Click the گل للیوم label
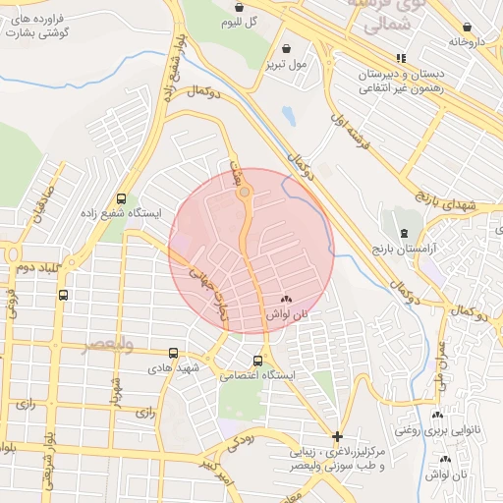click(x=239, y=22)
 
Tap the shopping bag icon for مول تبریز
click(x=286, y=48)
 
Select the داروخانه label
click(x=468, y=42)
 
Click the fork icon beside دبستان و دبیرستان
click(x=372, y=60)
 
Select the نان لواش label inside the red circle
click(x=287, y=313)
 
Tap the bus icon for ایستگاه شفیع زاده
click(x=121, y=197)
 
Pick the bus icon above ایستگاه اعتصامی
click(x=258, y=361)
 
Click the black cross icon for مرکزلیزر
click(x=338, y=435)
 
